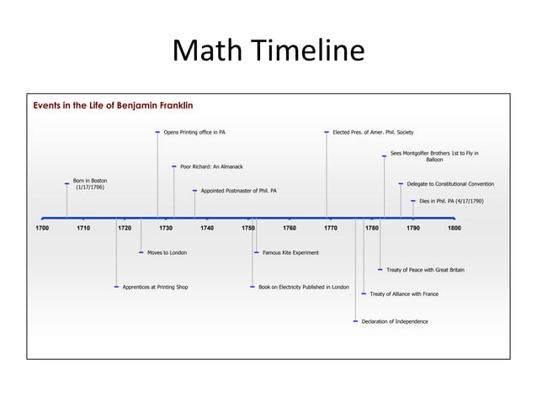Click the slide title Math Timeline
point(268,52)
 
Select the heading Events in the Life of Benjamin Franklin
point(113,106)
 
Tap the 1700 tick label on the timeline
point(42,228)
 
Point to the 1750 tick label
point(248,228)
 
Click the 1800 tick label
point(455,228)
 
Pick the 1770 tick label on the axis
point(331,228)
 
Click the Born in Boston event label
point(89,184)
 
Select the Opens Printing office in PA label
point(194,132)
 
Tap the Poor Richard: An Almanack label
point(211,167)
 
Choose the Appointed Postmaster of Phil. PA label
point(238,191)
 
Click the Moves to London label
point(167,252)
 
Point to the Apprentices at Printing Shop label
point(155,287)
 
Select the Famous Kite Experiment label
point(290,252)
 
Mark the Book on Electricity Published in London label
point(303,287)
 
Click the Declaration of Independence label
point(394,321)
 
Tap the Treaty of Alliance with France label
point(403,294)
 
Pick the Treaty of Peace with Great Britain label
point(424,270)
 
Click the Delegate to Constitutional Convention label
point(449,184)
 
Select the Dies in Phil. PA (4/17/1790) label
point(450,201)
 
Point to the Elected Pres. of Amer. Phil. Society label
point(372,132)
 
